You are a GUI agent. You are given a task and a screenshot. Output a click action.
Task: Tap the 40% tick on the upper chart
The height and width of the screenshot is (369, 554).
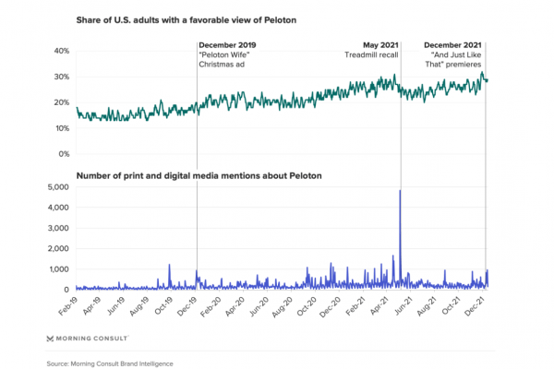pos(60,51)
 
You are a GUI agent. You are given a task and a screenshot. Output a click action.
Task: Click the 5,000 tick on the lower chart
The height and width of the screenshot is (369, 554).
pos(55,186)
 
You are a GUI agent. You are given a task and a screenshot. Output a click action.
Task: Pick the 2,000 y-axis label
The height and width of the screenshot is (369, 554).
pos(55,248)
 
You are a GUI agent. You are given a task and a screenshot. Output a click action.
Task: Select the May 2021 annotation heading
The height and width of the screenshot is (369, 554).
pos(379,43)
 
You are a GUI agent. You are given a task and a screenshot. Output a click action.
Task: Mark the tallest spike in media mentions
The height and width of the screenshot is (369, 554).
pos(399,192)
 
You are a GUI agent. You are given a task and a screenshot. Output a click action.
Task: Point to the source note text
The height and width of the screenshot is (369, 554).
pos(110,363)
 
